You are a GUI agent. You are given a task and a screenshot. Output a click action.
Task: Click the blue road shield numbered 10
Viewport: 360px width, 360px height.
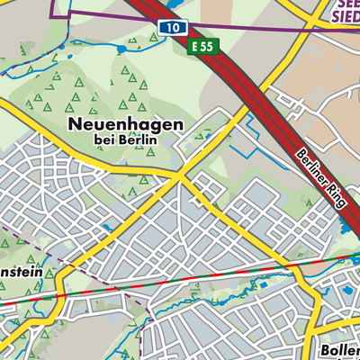(170, 29)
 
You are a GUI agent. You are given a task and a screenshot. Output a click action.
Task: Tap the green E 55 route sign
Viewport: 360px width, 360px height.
(203, 45)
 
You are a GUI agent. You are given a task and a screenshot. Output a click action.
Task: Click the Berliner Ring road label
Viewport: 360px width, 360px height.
(320, 179)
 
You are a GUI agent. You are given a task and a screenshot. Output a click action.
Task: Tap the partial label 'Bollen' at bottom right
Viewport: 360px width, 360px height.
(340, 349)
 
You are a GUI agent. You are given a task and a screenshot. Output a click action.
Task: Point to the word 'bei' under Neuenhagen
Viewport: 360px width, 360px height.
(103, 139)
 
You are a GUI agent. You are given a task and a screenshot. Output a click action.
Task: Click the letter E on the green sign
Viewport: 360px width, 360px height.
(194, 45)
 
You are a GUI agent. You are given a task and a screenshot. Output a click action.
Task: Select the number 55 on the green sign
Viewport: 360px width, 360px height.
(209, 45)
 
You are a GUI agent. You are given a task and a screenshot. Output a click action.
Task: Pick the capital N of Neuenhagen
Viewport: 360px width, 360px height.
(74, 123)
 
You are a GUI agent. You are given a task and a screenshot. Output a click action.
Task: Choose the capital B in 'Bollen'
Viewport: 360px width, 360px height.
(325, 349)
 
